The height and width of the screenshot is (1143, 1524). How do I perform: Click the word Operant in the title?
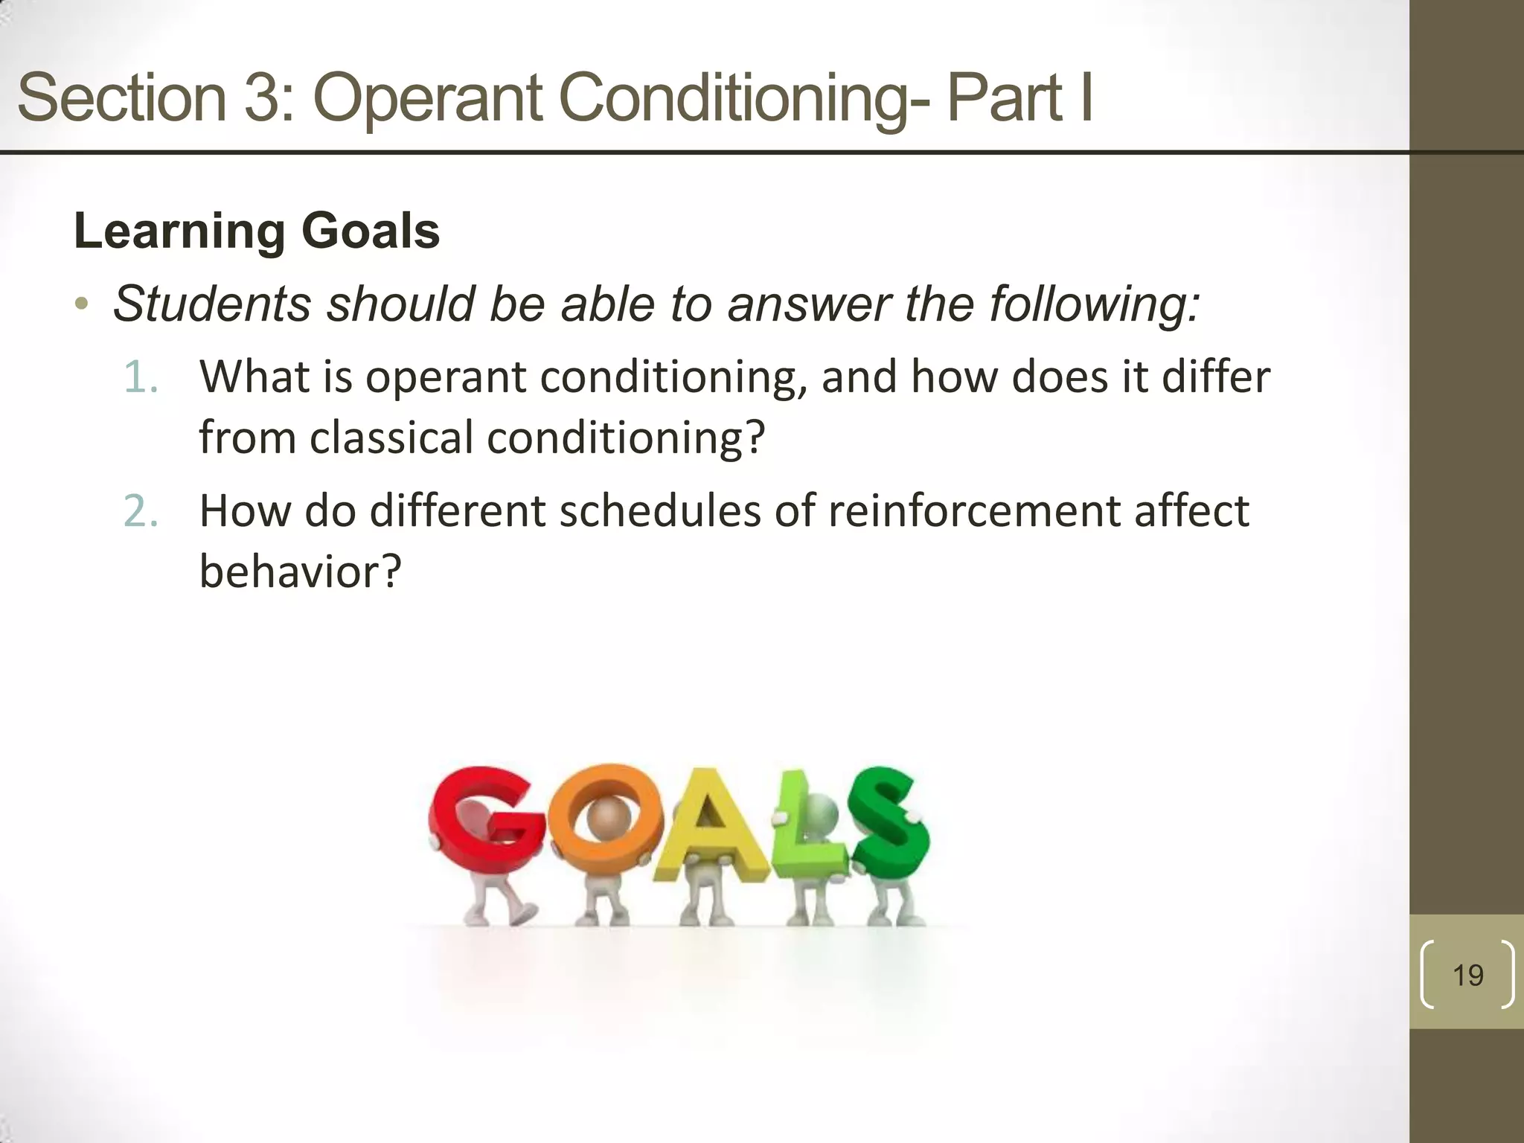428,98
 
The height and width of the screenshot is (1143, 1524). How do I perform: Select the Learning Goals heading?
257,231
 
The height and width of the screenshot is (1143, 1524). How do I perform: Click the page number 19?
1467,976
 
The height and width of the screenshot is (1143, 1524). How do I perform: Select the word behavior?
300,571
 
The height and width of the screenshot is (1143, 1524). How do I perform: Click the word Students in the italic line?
212,304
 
